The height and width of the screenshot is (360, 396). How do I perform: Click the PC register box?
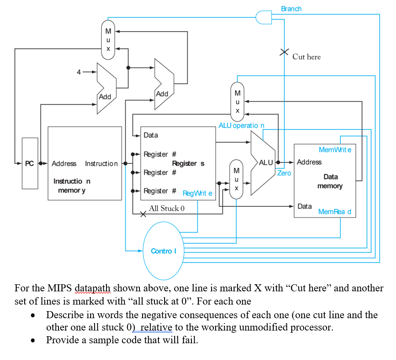click(30, 163)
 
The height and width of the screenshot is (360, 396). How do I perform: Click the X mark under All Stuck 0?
click(143, 215)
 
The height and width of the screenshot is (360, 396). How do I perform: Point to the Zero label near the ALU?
click(284, 173)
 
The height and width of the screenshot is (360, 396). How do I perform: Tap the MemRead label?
click(334, 212)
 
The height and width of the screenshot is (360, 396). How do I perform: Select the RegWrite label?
click(197, 193)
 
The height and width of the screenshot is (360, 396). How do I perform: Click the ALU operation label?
click(241, 125)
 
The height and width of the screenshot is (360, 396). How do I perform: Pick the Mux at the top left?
click(108, 39)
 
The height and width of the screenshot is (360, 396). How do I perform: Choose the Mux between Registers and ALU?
click(237, 179)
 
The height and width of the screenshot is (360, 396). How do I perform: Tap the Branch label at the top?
click(291, 8)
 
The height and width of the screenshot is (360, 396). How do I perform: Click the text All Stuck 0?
click(167, 208)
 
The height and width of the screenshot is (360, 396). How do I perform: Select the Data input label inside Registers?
click(150, 135)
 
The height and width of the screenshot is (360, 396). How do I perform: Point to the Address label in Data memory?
click(309, 162)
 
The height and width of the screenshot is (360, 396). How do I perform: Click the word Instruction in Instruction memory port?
click(101, 163)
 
